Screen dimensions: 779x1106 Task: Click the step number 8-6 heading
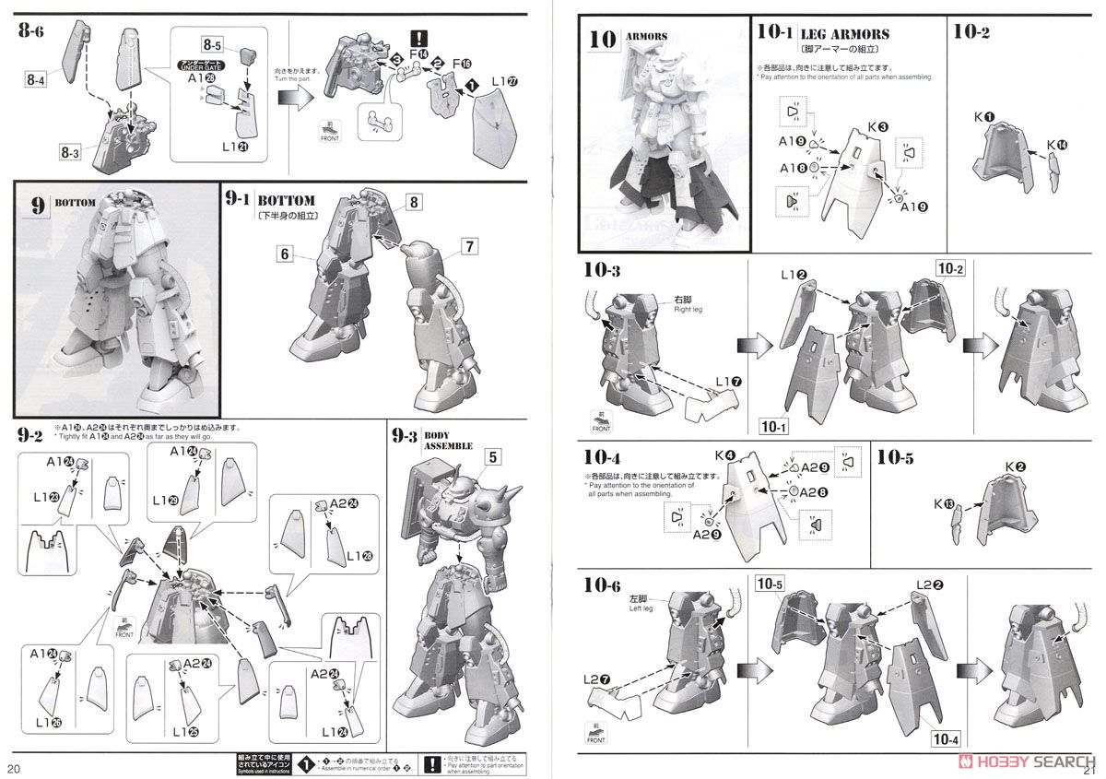[x=29, y=29]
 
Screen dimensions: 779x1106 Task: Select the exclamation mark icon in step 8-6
[x=420, y=40]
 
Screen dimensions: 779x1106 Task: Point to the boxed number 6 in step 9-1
[x=286, y=252]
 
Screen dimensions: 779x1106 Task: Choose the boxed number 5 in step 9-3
[x=493, y=456]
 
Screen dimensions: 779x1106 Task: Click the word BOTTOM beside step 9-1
[x=287, y=200]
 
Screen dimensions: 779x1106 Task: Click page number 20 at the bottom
[x=14, y=768]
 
